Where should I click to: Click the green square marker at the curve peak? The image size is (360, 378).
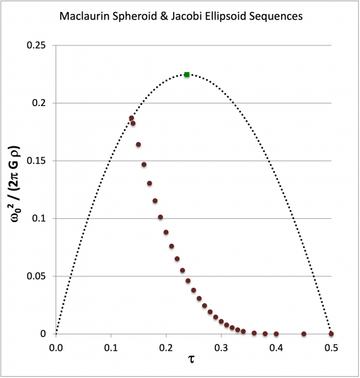(x=186, y=74)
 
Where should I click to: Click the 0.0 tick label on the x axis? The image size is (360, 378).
(x=56, y=346)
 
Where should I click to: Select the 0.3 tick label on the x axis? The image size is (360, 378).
(x=221, y=346)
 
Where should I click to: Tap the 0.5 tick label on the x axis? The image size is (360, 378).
(x=331, y=346)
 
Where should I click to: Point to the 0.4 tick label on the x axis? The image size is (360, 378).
(x=276, y=346)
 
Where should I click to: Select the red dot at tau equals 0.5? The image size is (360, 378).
(x=331, y=334)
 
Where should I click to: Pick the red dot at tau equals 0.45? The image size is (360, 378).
(x=304, y=334)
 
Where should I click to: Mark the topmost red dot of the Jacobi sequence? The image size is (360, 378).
(x=131, y=118)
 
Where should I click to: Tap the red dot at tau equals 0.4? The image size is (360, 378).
(x=276, y=334)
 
